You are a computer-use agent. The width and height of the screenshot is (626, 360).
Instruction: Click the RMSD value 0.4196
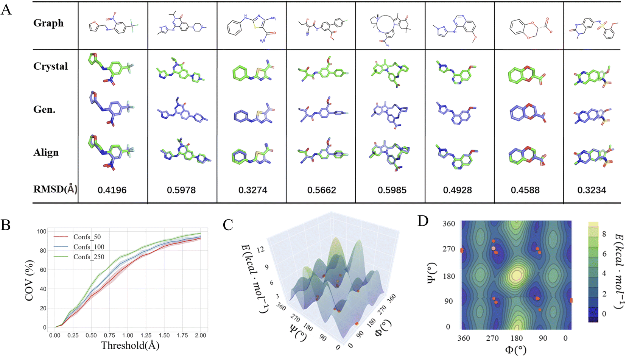(x=112, y=190)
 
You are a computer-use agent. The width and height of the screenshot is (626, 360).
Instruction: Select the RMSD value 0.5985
(x=392, y=190)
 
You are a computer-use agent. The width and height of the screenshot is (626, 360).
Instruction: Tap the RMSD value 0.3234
(x=592, y=190)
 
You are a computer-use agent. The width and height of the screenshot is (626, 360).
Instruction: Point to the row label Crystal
(x=50, y=66)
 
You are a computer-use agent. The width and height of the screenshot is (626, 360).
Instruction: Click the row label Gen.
(x=44, y=109)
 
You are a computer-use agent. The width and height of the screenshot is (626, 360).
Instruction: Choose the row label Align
(x=46, y=153)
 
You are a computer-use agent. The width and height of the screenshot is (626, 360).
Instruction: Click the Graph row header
(x=48, y=23)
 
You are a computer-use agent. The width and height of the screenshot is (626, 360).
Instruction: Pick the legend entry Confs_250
(x=89, y=257)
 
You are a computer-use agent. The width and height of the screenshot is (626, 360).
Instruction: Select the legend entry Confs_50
(x=87, y=237)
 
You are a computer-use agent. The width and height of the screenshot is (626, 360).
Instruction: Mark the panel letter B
(x=6, y=225)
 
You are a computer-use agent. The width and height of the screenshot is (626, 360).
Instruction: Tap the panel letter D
(x=423, y=220)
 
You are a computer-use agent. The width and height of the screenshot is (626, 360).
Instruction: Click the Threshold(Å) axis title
(x=130, y=345)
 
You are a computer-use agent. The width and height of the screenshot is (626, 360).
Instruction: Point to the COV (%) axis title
(x=30, y=280)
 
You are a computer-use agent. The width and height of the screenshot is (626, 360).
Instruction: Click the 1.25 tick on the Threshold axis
(x=146, y=335)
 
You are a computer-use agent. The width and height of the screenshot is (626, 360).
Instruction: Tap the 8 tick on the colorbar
(x=604, y=234)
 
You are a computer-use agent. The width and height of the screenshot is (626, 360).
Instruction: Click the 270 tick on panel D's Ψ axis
(x=449, y=249)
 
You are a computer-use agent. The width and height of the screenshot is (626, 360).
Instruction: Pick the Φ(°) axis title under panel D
(x=515, y=349)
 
